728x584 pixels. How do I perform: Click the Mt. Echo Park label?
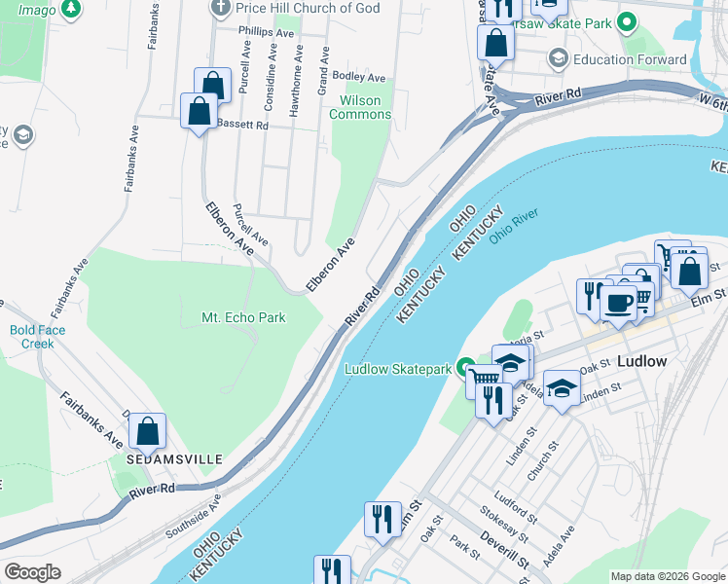(242, 318)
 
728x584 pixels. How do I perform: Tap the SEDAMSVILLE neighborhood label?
(174, 458)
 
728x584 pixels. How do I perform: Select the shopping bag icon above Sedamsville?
(147, 430)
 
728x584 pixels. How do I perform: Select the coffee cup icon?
(617, 302)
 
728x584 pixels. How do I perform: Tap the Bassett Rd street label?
(241, 125)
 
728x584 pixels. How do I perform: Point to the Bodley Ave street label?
(359, 77)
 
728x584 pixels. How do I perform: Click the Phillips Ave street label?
(266, 32)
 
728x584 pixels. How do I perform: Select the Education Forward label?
(630, 59)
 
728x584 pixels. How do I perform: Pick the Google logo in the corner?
(32, 572)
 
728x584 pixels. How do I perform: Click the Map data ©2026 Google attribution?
(668, 576)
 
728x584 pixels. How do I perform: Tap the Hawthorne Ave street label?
(297, 92)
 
